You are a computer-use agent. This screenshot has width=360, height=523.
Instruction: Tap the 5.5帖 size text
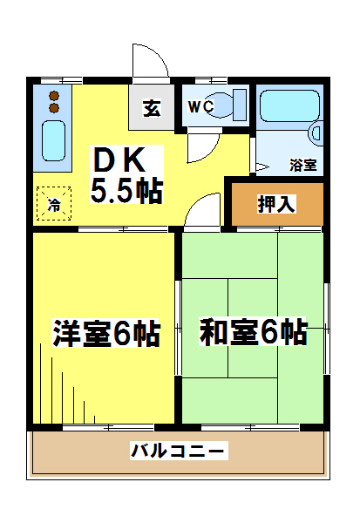click(127, 191)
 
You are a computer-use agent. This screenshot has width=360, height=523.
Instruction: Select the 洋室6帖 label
click(105, 333)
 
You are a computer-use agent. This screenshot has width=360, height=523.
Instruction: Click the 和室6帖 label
click(253, 332)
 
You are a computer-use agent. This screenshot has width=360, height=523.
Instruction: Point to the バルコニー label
click(180, 451)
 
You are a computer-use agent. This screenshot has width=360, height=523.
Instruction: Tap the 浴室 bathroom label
click(302, 164)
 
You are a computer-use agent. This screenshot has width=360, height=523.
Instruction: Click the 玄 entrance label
click(152, 109)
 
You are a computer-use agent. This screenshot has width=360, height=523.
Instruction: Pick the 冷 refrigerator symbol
click(54, 206)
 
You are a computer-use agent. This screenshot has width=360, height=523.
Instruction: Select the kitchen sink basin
click(54, 139)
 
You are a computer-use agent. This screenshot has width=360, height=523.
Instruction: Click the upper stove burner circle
click(54, 96)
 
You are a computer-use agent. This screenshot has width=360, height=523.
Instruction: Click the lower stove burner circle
click(54, 108)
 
